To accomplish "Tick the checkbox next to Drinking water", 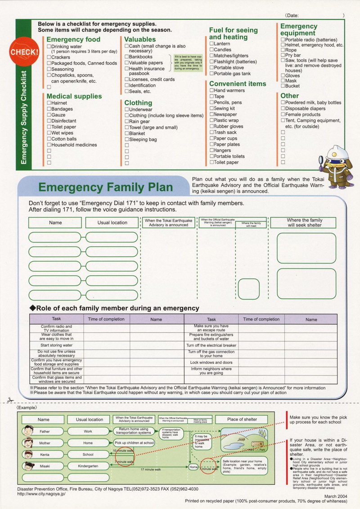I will click(49, 46).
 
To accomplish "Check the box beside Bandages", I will click(49, 109).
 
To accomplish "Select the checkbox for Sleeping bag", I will click(126, 139).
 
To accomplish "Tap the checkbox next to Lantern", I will click(211, 44).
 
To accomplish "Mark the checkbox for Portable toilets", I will click(211, 156).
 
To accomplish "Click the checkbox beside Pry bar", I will click(283, 55).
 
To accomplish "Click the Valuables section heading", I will click(140, 40).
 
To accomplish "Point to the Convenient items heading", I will click(237, 84).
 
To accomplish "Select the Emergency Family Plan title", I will click(105, 187).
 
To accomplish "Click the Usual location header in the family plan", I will click(112, 223).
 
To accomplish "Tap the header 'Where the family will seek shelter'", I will click(304, 223).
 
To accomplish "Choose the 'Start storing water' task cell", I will click(57, 345).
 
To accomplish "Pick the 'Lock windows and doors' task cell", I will click(211, 362).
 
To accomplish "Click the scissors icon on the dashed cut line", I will click(10, 400).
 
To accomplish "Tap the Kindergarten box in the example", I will click(88, 466).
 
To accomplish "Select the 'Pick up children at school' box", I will click(134, 443).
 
